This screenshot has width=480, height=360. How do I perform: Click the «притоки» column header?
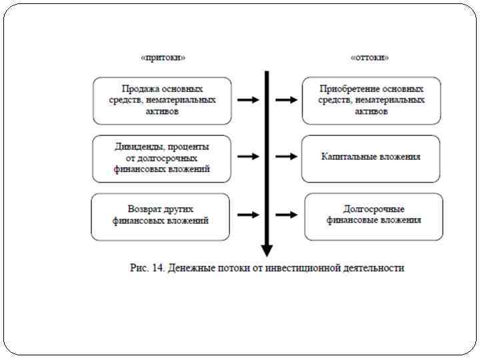click(163, 58)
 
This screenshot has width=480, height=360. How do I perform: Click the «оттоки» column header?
click(370, 58)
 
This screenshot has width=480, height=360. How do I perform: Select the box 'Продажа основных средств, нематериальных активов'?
click(162, 100)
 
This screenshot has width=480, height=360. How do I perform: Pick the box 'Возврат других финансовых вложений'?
click(160, 215)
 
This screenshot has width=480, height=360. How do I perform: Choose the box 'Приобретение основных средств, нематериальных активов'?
click(371, 100)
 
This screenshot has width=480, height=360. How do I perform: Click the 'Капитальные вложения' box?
click(371, 157)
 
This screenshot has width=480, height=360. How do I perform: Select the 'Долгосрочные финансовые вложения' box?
click(373, 215)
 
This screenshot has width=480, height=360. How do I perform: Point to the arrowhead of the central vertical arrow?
click(267, 251)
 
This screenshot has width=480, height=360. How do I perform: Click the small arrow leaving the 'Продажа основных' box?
click(248, 100)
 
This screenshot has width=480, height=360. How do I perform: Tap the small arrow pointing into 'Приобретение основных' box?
click(286, 100)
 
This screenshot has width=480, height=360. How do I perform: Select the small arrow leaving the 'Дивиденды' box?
click(248, 157)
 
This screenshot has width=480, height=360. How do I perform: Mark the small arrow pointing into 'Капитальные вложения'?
click(286, 157)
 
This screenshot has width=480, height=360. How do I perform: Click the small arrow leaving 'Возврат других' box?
click(248, 215)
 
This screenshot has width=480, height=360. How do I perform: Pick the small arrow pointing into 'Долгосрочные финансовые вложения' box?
click(286, 215)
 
